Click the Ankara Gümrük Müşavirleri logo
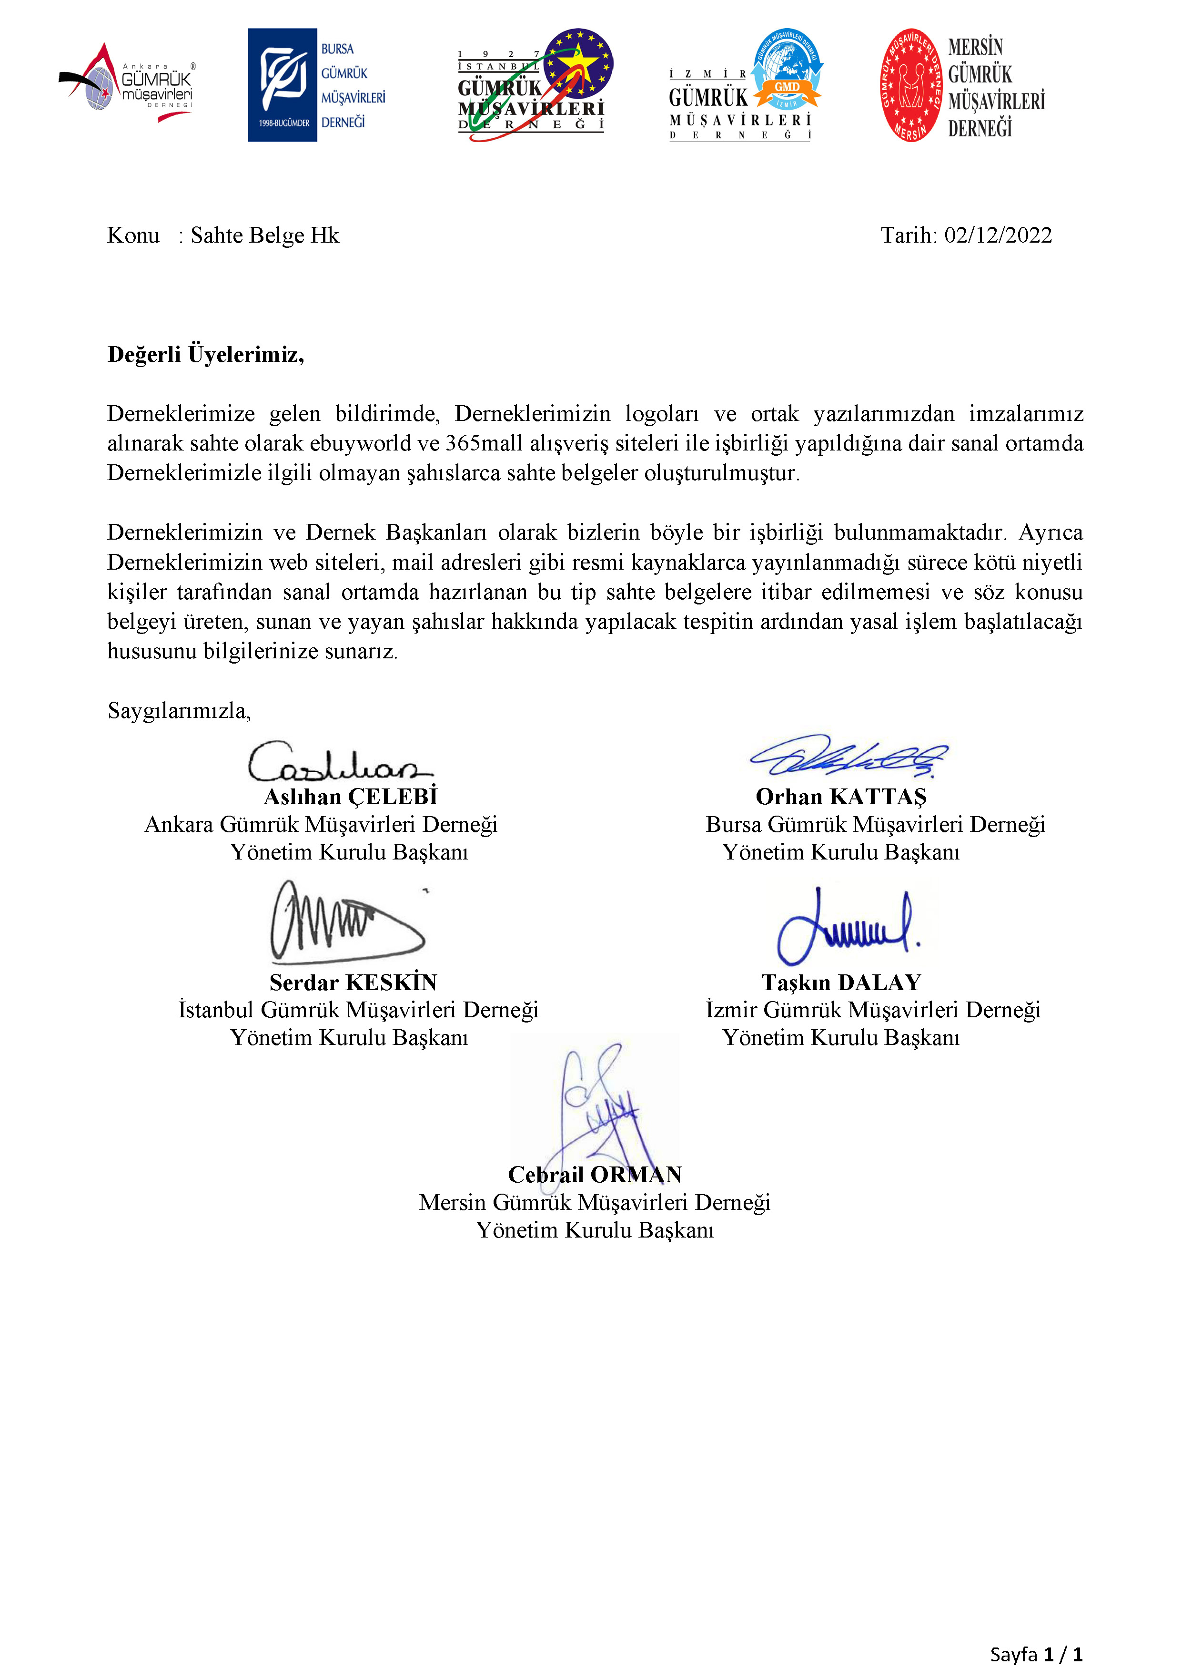[126, 84]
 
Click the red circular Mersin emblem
[910, 85]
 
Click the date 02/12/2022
[998, 235]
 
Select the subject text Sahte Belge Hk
[264, 235]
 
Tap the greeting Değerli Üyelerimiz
[205, 355]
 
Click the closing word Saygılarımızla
[179, 710]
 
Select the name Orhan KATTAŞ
[841, 797]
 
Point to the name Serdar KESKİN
[353, 982]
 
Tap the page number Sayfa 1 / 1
[1036, 1654]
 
